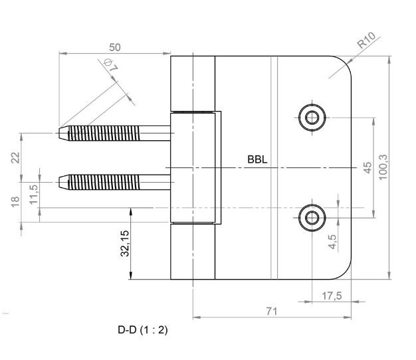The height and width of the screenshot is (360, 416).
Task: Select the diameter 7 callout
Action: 111,67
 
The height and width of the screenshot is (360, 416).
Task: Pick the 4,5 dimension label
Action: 332,240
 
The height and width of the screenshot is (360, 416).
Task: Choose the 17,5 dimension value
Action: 332,296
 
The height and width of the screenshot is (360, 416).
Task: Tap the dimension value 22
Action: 15,157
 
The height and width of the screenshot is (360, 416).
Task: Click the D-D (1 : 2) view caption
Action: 142,330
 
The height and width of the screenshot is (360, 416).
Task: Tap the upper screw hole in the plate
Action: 311,118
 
